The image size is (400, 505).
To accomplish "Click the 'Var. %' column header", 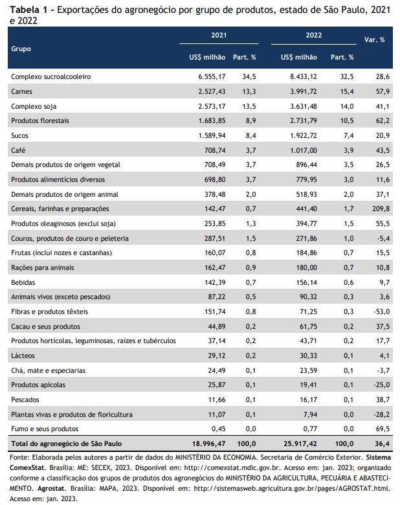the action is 374,39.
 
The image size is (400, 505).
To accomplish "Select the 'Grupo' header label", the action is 21,49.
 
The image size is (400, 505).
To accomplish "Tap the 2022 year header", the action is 314,35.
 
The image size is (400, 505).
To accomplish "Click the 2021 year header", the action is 219,35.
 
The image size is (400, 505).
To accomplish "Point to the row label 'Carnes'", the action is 21,91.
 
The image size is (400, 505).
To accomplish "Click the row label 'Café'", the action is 18,150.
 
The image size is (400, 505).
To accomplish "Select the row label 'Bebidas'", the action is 23,282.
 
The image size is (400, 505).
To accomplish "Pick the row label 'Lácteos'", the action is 23,355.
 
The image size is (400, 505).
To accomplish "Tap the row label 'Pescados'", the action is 25,399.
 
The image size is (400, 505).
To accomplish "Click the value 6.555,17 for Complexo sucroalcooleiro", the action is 212,76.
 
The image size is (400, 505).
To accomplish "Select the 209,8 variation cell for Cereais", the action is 381,208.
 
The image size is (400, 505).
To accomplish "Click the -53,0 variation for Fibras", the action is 382,312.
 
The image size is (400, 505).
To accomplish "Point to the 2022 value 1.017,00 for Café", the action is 304,150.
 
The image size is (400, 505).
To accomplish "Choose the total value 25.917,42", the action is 300,443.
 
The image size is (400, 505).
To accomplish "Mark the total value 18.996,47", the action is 208,443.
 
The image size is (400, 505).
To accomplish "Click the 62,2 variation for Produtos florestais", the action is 383,121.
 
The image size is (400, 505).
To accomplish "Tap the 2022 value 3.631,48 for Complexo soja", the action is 304,106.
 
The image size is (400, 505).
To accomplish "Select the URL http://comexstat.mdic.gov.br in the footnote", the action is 227,467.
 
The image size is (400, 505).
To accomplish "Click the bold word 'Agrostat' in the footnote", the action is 52,488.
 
